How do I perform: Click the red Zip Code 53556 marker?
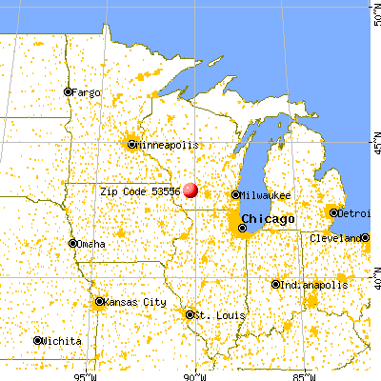click(x=190, y=190)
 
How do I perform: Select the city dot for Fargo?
click(x=68, y=92)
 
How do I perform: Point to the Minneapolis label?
click(x=169, y=145)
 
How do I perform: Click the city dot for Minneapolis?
click(x=131, y=145)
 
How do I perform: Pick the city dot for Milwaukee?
click(x=235, y=195)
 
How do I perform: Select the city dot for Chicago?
click(x=242, y=228)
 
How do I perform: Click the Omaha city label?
click(x=93, y=244)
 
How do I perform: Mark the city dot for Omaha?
click(x=73, y=244)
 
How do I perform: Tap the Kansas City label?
click(x=133, y=303)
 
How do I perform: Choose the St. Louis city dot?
click(x=190, y=313)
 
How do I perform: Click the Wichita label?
click(x=63, y=341)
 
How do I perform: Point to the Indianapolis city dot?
click(x=275, y=285)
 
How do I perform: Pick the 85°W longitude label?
click(x=307, y=373)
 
